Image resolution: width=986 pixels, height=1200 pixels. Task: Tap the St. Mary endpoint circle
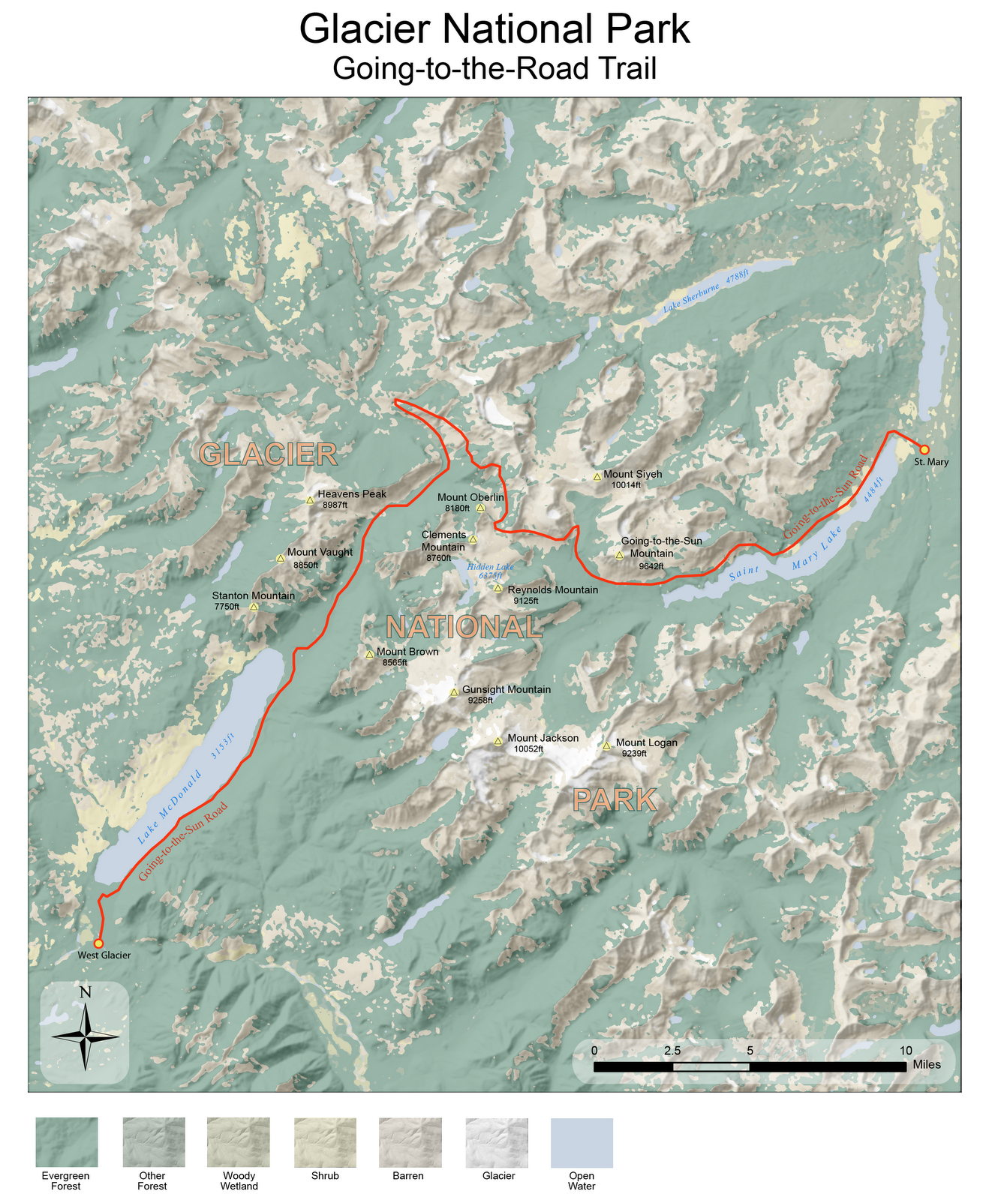[924, 449]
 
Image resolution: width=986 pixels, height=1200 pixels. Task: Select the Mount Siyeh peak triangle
[597, 476]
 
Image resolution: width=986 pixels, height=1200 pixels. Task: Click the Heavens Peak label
[351, 494]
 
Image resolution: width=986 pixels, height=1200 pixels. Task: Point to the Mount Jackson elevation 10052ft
[528, 748]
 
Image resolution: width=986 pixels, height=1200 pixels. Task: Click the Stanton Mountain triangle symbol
[254, 607]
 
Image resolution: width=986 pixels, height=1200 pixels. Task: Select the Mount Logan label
[646, 742]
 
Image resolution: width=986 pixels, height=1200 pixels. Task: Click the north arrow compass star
[86, 1037]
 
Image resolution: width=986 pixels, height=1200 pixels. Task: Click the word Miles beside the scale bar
[927, 1065]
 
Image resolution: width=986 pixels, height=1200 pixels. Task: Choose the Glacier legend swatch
[496, 1142]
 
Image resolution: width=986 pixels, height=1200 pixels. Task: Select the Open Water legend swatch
[582, 1142]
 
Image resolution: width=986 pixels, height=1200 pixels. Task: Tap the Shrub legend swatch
[325, 1142]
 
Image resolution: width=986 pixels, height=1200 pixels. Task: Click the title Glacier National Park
[494, 30]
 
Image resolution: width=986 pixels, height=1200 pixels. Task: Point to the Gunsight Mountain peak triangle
[454, 692]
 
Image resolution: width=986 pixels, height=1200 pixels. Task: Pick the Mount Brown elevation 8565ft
[395, 663]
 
